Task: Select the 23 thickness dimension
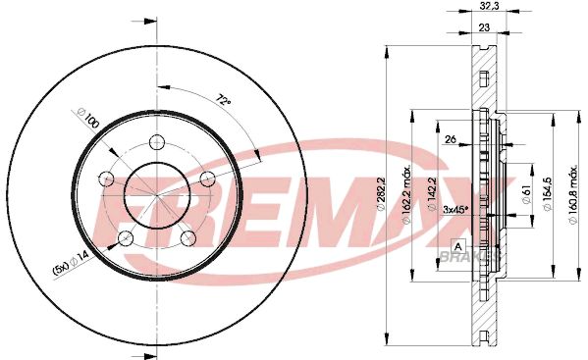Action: click(484, 27)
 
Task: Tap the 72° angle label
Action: click(223, 100)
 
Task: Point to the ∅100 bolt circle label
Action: click(87, 118)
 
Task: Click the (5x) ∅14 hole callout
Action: click(71, 263)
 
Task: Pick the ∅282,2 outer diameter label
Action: click(381, 194)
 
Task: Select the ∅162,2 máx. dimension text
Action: click(406, 194)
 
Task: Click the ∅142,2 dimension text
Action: click(432, 194)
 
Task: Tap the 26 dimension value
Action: click(451, 139)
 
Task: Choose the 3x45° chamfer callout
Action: click(456, 209)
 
